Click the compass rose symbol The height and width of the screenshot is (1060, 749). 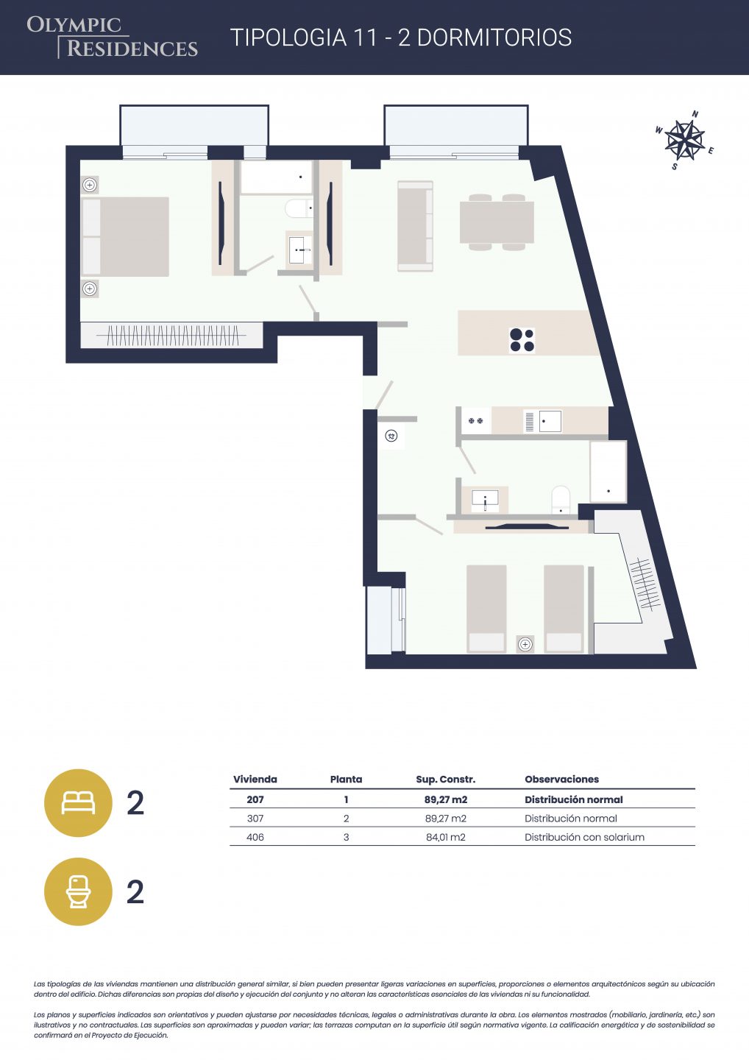tap(685, 140)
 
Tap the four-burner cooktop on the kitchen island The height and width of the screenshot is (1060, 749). tap(522, 340)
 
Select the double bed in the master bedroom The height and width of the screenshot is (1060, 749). tap(125, 236)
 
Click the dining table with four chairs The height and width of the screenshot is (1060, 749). tap(497, 222)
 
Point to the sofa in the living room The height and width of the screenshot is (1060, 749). tap(415, 226)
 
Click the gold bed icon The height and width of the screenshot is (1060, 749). tap(78, 803)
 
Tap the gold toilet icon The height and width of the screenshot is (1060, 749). tap(78, 891)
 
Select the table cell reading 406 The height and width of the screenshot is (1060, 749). tap(255, 837)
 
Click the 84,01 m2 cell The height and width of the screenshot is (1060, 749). tap(445, 837)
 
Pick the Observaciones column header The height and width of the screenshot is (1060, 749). tap(562, 779)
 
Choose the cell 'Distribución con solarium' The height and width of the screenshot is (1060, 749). tap(584, 837)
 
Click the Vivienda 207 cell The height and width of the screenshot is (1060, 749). tap(255, 799)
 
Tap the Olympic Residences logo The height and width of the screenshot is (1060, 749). tap(112, 37)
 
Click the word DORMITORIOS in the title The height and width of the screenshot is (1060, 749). tap(494, 38)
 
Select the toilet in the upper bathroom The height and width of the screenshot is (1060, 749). tap(299, 208)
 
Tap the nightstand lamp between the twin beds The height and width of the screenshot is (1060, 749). tap(525, 644)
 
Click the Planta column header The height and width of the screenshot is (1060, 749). tap(346, 779)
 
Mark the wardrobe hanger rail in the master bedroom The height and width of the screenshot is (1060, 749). tap(171, 335)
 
